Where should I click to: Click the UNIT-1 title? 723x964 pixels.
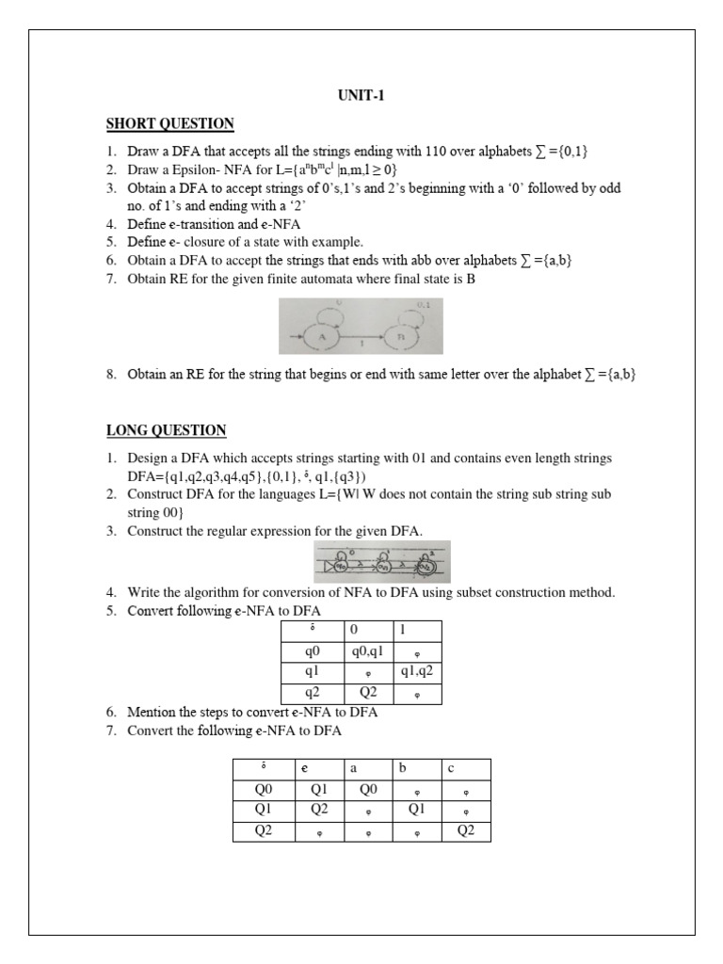click(x=361, y=95)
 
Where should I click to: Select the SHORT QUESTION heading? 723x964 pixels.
click(x=169, y=124)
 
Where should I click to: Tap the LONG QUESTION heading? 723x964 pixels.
click(x=166, y=431)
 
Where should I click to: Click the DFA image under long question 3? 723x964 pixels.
click(x=381, y=562)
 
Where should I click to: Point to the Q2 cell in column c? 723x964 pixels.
click(x=467, y=830)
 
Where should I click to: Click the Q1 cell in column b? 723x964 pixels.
click(x=419, y=810)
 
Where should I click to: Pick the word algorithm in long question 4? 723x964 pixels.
click(x=217, y=592)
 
